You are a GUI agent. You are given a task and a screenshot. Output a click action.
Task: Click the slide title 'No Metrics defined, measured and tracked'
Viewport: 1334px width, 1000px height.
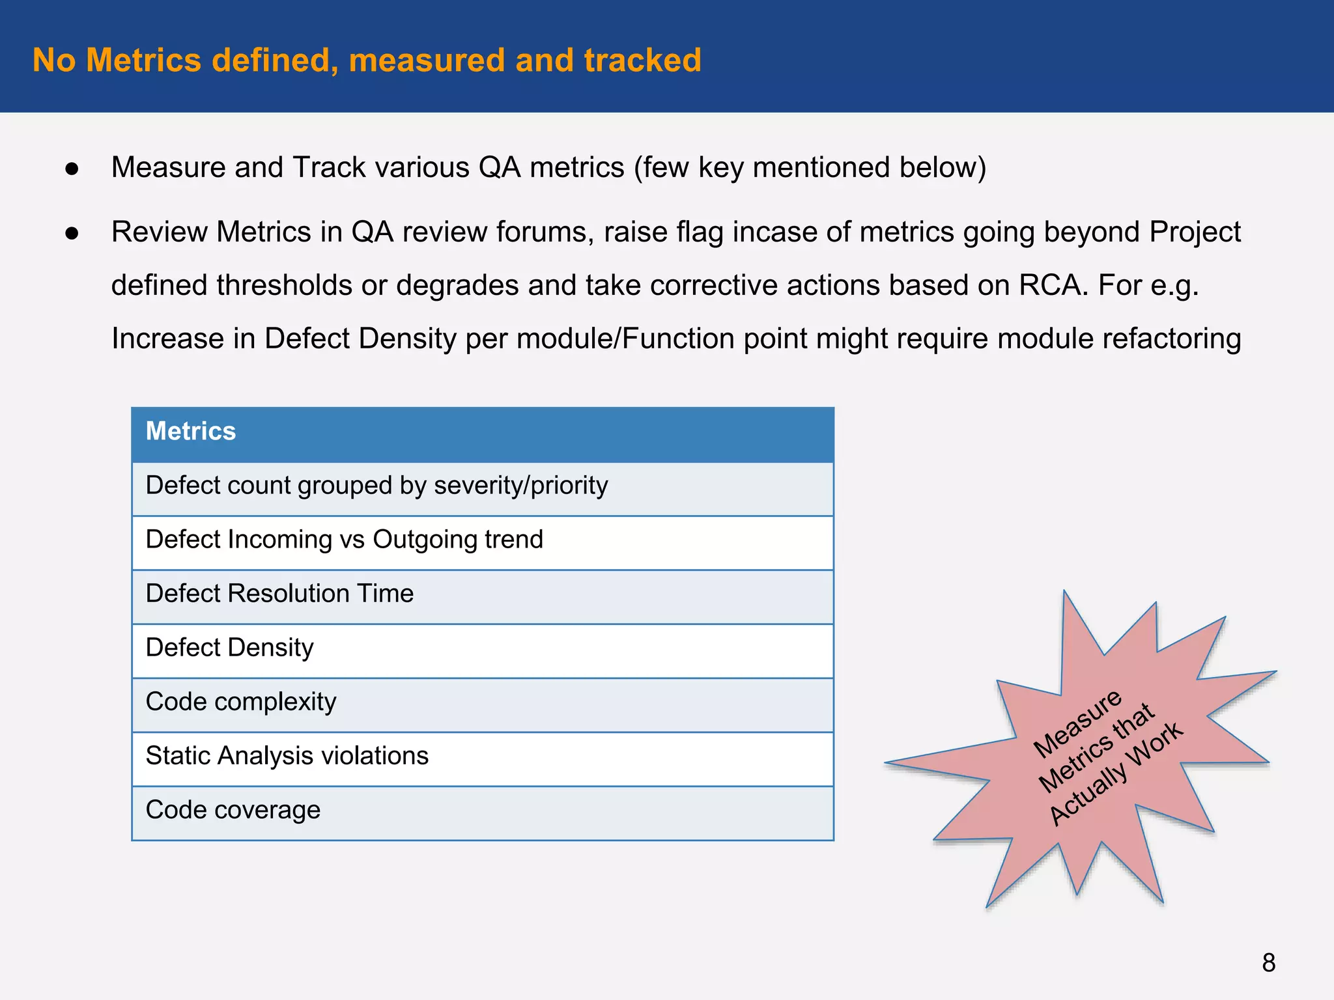click(x=367, y=61)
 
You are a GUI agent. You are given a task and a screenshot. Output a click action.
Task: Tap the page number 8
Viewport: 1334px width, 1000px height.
click(x=1268, y=963)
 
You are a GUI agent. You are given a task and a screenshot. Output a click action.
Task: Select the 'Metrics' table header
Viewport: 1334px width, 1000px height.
click(x=191, y=432)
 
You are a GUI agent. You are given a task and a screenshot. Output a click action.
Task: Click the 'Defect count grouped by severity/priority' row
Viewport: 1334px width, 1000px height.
click(x=376, y=486)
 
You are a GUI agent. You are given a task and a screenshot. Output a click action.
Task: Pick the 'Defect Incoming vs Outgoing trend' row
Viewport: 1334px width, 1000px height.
click(x=344, y=540)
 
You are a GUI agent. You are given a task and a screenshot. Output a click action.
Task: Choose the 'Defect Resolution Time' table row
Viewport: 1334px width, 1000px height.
click(x=279, y=594)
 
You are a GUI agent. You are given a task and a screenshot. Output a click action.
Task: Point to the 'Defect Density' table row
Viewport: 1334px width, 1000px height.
click(x=229, y=648)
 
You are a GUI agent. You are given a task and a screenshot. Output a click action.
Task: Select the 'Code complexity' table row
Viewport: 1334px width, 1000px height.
click(x=241, y=702)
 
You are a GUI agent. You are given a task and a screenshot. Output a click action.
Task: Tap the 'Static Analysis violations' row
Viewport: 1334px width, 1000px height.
click(x=287, y=757)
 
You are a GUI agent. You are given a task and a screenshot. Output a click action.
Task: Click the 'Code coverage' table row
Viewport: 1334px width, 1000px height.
click(x=233, y=811)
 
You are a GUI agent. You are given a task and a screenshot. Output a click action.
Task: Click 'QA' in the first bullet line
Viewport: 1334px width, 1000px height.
click(x=499, y=168)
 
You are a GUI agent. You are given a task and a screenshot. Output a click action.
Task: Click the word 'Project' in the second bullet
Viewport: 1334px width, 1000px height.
click(x=1195, y=232)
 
